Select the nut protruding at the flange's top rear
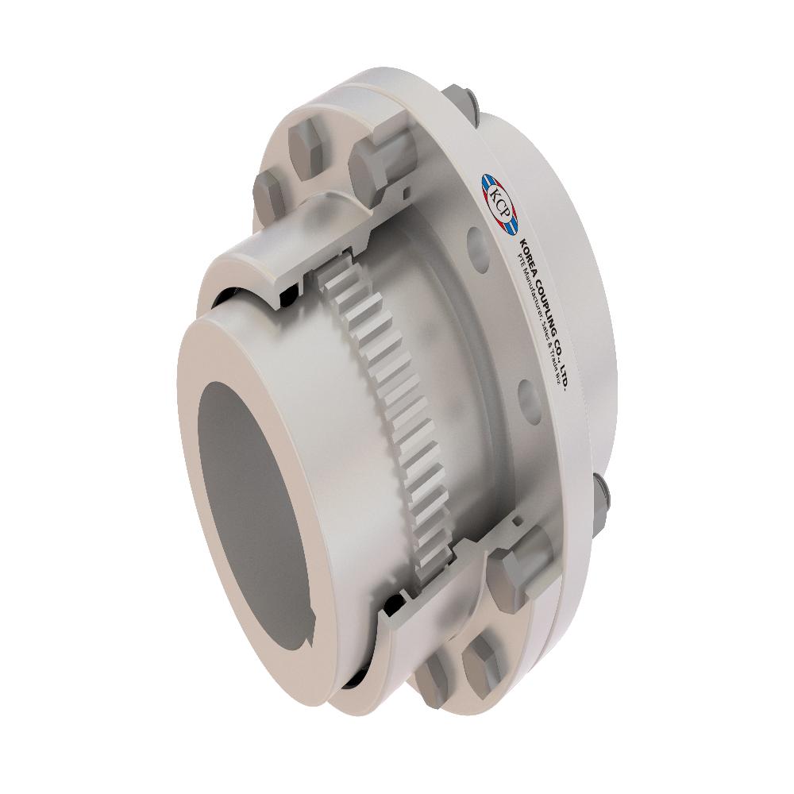pyautogui.click(x=461, y=99)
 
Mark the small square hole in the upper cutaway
pyautogui.click(x=407, y=191)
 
